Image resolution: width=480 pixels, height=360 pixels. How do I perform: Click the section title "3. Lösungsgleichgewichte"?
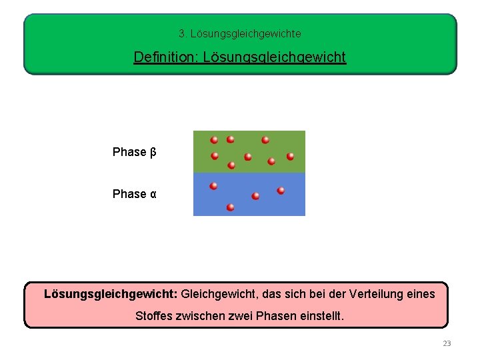coord(240,33)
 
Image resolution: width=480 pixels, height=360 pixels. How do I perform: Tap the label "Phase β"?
coord(134,152)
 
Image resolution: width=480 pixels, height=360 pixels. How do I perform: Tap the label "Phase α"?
coord(134,194)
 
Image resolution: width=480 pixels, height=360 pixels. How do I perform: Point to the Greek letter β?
coord(153,153)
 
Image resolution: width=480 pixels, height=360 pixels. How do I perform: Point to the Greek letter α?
coord(153,194)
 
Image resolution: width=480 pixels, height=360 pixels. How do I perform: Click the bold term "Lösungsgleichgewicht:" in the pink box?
coord(111,294)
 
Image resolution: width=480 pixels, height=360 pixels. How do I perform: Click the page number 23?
coord(447,344)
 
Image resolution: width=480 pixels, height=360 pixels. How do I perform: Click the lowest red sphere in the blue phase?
coord(230,207)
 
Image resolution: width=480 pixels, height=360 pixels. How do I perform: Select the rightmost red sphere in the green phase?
coord(290,156)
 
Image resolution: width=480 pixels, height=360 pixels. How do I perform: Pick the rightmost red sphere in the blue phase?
coord(281,191)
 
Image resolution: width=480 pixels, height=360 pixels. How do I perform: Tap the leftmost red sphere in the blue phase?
coord(213,186)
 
